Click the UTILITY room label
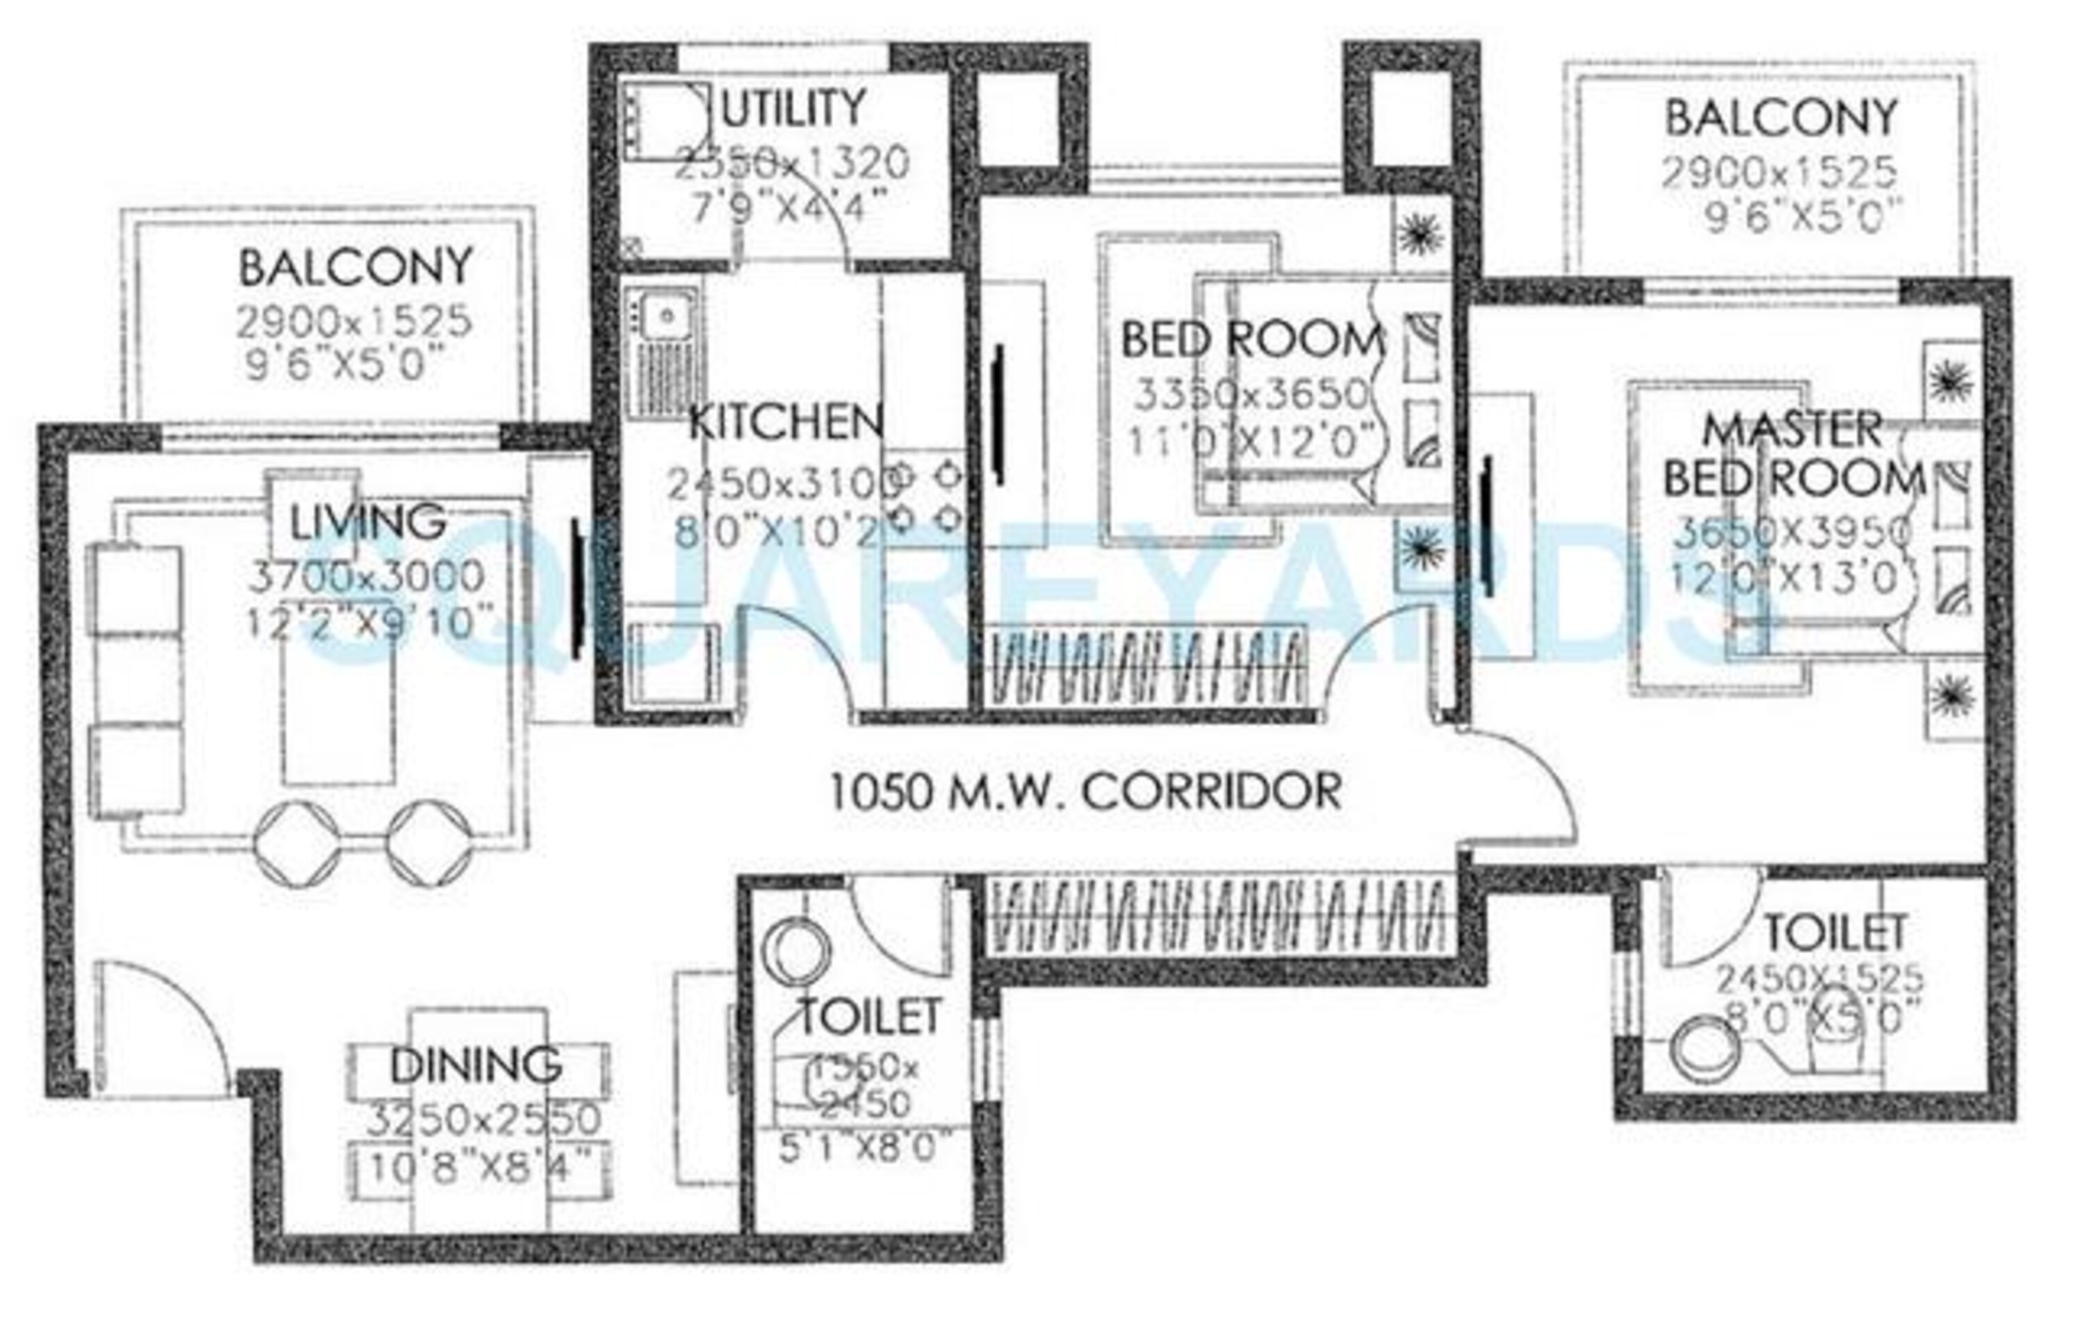[792, 109]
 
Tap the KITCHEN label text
[785, 422]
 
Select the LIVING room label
[367, 522]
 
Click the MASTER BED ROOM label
[1792, 455]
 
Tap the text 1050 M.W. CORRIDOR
[1086, 791]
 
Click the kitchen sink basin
[665, 316]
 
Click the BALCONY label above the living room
[355, 268]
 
